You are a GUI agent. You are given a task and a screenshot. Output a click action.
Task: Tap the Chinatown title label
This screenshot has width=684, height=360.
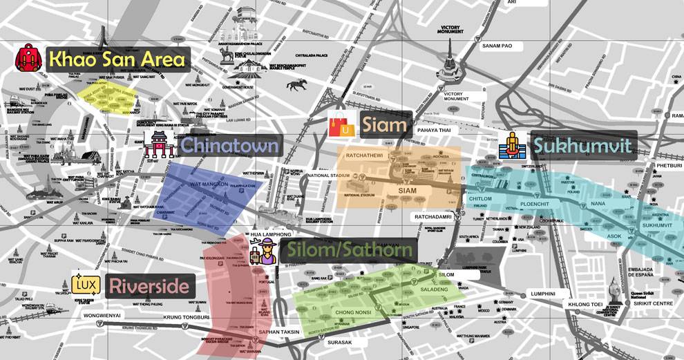click(x=229, y=145)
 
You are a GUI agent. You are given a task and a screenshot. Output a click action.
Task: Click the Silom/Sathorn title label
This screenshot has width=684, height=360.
click(x=349, y=251)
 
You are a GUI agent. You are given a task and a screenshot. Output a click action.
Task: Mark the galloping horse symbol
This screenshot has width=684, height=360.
click(x=298, y=84)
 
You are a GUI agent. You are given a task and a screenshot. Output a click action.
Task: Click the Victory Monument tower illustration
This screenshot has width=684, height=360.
click(x=450, y=61)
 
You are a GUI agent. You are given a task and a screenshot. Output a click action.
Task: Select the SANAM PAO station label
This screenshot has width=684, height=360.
click(x=497, y=46)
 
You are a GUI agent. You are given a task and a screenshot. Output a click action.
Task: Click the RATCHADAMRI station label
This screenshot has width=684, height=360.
click(x=434, y=217)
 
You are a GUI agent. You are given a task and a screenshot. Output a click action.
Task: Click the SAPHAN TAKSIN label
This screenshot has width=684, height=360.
click(x=280, y=332)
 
